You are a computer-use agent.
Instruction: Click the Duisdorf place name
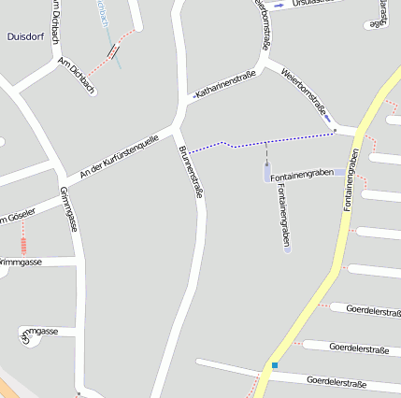tap(26, 37)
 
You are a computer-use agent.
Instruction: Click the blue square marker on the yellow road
tap(275, 364)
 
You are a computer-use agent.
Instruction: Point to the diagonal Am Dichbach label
tap(76, 74)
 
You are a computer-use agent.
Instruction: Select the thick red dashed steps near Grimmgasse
tap(23, 245)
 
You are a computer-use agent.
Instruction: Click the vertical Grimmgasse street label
tap(69, 209)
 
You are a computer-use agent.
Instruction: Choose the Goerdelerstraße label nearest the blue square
tap(336, 383)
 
